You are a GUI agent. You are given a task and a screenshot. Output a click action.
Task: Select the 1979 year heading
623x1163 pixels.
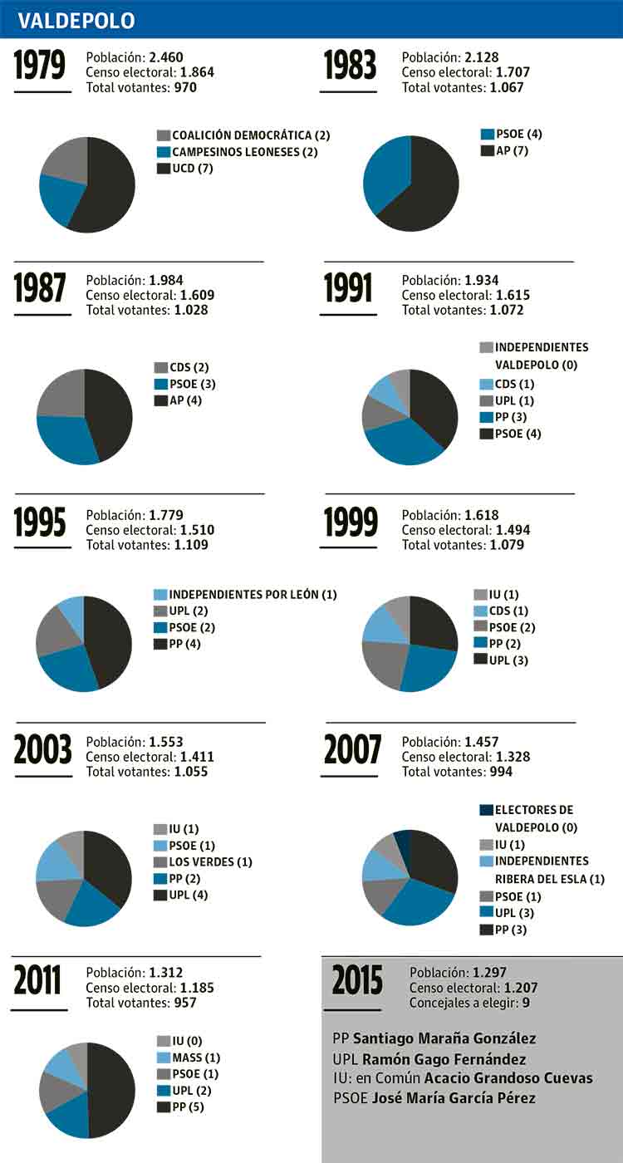[40, 67]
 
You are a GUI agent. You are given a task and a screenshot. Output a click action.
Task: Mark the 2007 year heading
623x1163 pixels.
[352, 749]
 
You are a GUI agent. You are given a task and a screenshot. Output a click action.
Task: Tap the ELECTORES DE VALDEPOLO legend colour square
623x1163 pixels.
[487, 810]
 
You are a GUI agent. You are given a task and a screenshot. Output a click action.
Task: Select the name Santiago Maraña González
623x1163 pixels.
[444, 1038]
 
